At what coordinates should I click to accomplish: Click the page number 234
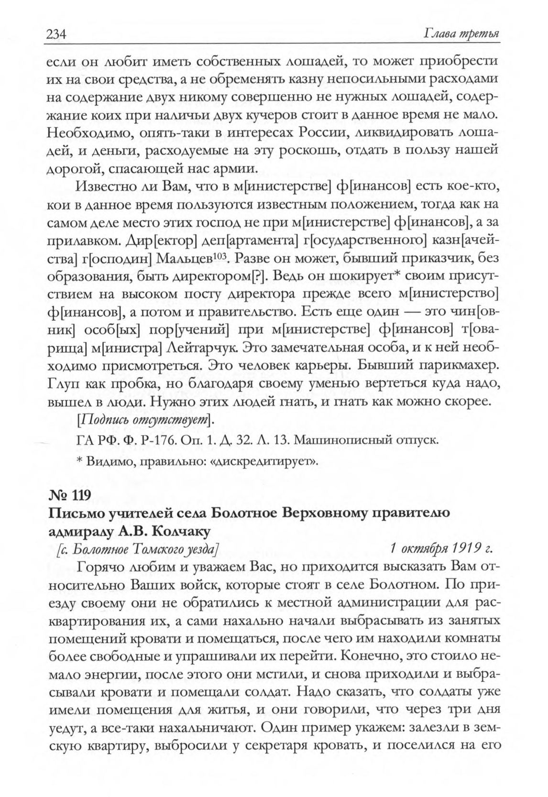55,35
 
